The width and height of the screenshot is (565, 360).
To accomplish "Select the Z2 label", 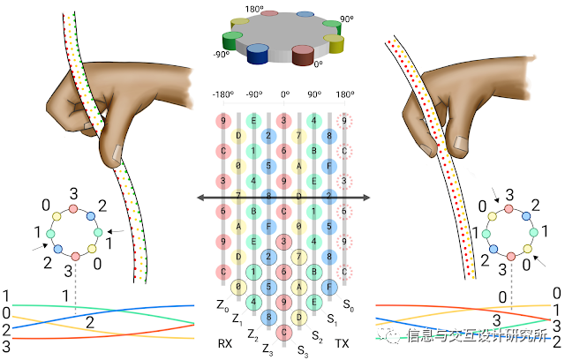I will point(252,335).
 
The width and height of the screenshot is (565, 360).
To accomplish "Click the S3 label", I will point(302,350).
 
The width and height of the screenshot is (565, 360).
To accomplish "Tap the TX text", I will point(341,344).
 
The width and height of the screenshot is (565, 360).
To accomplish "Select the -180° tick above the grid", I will point(223,93).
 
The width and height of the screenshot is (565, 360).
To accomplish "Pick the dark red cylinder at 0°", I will point(303,56).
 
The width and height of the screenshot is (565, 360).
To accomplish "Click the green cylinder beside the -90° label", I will point(233,41).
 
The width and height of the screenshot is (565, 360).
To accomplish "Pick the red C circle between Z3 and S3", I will point(285,332).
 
